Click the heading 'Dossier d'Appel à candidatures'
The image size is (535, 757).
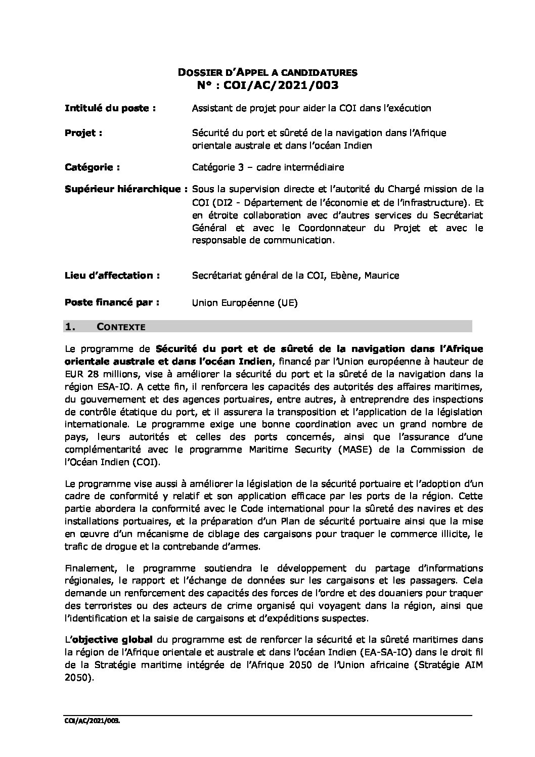tap(268, 73)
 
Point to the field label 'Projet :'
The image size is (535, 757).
tap(83, 133)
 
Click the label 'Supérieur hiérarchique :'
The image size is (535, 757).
tap(126, 189)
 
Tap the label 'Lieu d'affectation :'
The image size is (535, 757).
tap(112, 276)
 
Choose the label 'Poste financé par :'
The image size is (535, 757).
tap(112, 303)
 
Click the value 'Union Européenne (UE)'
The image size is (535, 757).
tap(245, 303)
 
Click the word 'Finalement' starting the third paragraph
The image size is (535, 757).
tap(88, 568)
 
